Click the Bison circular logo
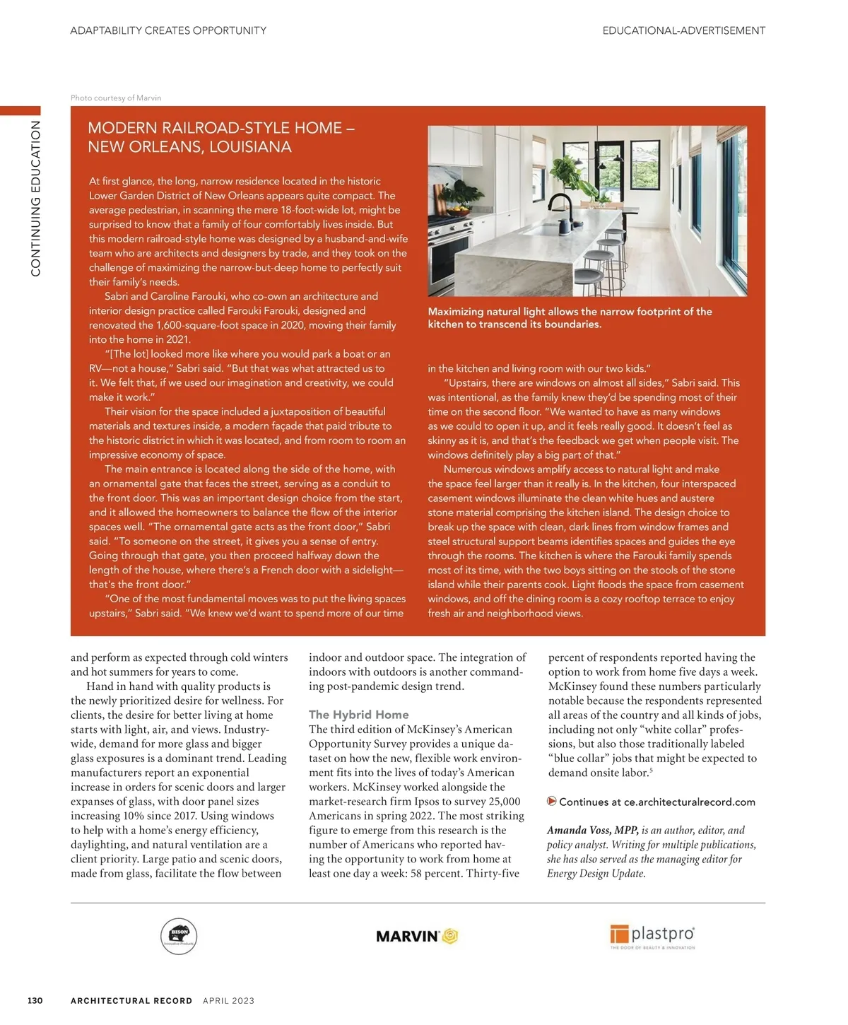pos(179,937)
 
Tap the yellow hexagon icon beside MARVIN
pos(451,937)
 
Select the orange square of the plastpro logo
pos(619,935)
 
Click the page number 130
pos(35,1000)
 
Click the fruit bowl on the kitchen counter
pos(457,211)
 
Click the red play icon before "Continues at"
pos(552,801)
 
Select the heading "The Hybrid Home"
pos(358,715)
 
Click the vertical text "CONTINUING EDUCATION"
pos(35,198)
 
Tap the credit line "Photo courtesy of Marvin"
pos(116,98)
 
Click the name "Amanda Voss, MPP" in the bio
pos(592,831)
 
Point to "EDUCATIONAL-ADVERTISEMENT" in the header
pos(683,30)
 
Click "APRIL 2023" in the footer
pos(228,1000)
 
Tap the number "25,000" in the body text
pos(500,802)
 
